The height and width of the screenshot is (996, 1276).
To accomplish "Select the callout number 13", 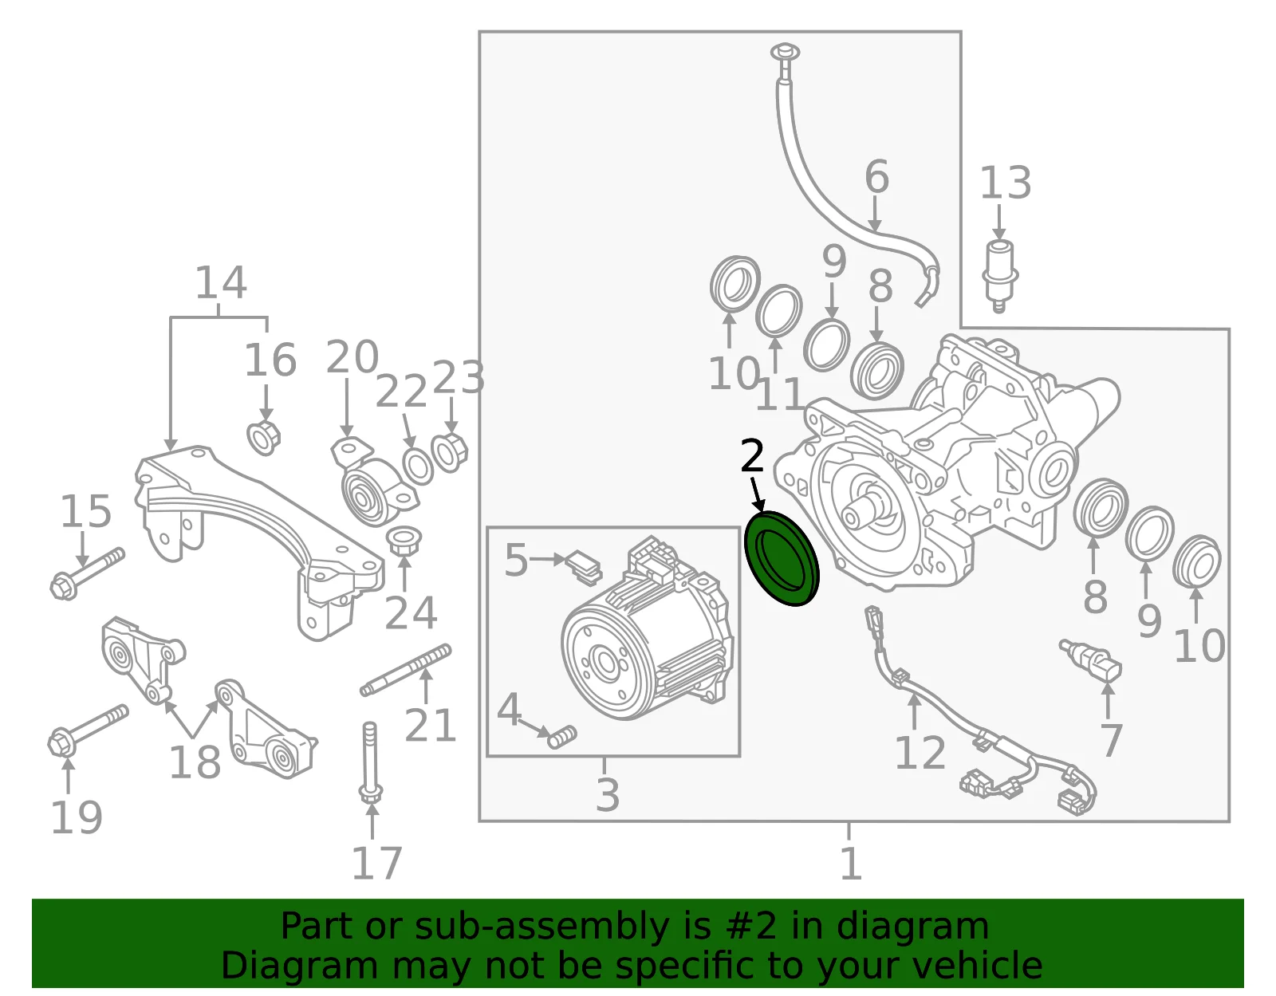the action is tap(1006, 183).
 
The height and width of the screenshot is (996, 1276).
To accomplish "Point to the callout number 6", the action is tap(876, 175).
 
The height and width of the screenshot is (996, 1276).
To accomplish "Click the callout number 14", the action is tap(221, 282).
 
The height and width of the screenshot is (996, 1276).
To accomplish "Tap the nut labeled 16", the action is tap(264, 438).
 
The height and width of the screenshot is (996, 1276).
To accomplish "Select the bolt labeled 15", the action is tap(87, 573).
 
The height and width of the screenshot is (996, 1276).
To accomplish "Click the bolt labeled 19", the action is tap(87, 730).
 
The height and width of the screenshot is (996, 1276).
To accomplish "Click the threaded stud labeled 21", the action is tap(406, 670).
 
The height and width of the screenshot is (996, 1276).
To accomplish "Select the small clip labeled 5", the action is tap(584, 568).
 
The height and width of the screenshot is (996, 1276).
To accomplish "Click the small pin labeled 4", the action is tap(562, 737).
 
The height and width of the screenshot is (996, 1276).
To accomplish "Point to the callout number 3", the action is tap(607, 795).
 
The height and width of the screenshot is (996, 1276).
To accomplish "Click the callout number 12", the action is tap(920, 752).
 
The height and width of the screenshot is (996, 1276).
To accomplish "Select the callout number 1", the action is tap(851, 863).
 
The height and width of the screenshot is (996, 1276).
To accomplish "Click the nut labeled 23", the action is tap(449, 452).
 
